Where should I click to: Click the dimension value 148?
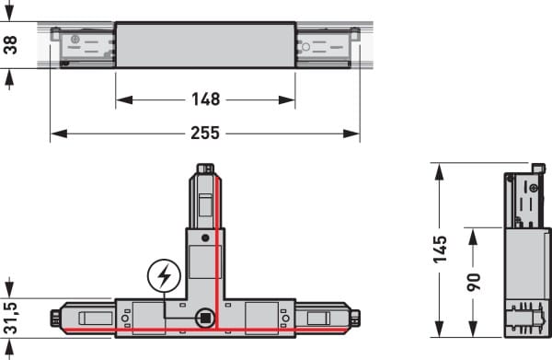pyautogui.click(x=206, y=99)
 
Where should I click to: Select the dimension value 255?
pyautogui.click(x=205, y=134)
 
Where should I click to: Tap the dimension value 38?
pyautogui.click(x=10, y=45)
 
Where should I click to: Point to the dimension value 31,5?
pyautogui.click(x=10, y=318)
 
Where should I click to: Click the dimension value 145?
pyautogui.click(x=440, y=250)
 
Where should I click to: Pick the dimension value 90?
pyautogui.click(x=474, y=282)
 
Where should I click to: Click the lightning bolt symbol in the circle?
pyautogui.click(x=164, y=276)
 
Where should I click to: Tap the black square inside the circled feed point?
pyautogui.click(x=205, y=318)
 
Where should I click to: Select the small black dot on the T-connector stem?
pyautogui.click(x=205, y=238)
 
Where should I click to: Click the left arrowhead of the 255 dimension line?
pyautogui.click(x=59, y=134)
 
